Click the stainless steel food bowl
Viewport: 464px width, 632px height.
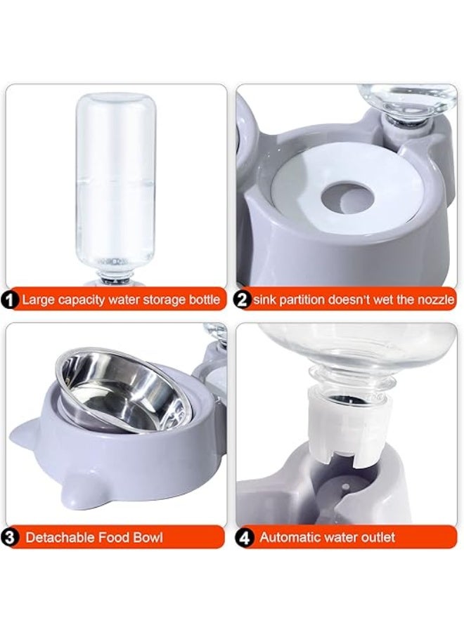[120, 390]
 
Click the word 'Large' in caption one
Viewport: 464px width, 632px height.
[37, 301]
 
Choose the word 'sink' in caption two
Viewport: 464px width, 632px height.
[266, 301]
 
